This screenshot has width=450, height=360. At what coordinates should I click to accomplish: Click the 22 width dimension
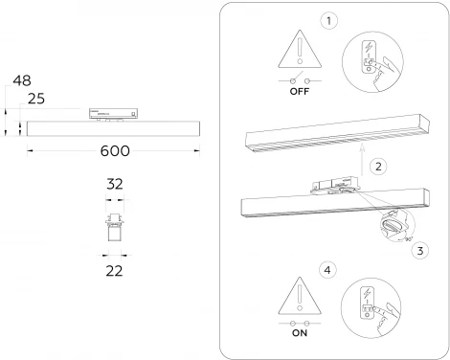(115, 271)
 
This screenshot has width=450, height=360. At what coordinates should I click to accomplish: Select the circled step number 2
(379, 166)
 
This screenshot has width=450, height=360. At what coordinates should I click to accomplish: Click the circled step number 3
(419, 252)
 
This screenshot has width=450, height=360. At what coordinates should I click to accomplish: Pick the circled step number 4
(329, 271)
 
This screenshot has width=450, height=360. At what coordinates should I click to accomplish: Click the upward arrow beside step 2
(360, 154)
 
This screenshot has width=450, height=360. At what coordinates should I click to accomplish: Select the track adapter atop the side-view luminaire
(109, 113)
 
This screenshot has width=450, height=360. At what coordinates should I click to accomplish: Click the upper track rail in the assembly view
(335, 128)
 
